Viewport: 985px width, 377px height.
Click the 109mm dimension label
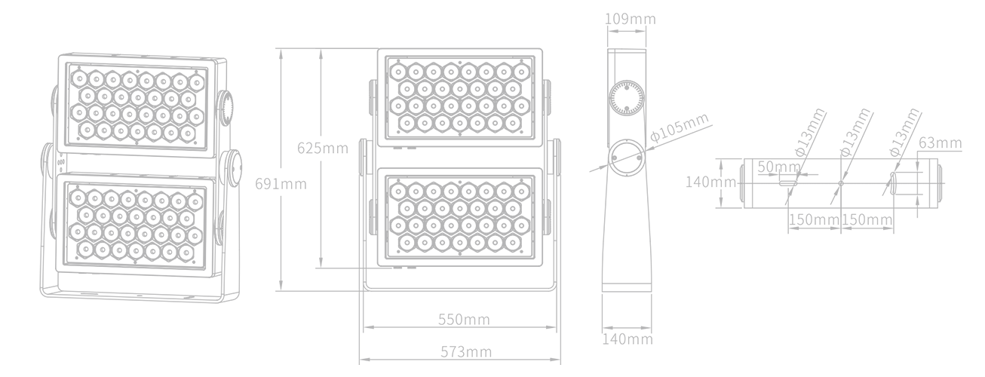(630, 19)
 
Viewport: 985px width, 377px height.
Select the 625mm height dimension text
(323, 148)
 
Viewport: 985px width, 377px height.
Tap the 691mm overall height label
(281, 184)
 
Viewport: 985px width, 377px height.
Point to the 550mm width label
(464, 320)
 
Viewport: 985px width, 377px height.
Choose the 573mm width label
(466, 352)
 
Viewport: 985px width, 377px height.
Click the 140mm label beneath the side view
(628, 339)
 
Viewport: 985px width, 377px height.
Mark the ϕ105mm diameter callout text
(680, 127)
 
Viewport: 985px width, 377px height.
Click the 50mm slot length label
(779, 167)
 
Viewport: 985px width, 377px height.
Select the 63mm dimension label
(941, 143)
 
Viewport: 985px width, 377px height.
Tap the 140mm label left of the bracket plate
(711, 182)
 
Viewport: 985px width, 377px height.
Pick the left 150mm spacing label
(815, 219)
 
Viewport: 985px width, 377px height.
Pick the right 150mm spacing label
(867, 219)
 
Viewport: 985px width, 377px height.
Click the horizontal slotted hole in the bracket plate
(788, 182)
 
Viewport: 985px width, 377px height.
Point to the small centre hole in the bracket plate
(841, 182)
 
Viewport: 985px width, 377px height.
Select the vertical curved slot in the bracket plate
(894, 189)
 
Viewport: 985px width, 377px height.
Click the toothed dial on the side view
(627, 98)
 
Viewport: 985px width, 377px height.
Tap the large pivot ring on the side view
(626, 157)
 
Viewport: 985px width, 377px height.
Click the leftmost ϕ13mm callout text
(809, 132)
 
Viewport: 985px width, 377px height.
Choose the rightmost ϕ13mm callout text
(904, 132)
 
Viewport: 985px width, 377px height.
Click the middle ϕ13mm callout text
(855, 132)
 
